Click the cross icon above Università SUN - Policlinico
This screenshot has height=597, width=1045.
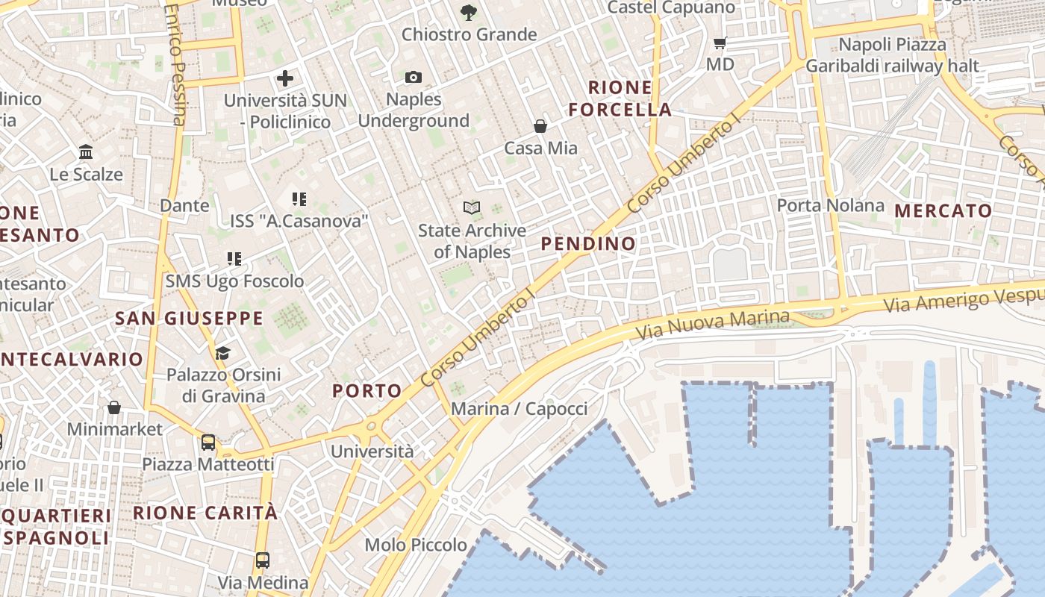coord(284,78)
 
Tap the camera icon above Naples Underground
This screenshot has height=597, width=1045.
coord(414,77)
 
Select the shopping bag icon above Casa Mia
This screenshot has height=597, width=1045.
coord(540,126)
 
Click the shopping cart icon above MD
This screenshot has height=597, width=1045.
coord(720,43)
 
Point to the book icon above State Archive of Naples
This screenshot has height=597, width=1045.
coord(471,207)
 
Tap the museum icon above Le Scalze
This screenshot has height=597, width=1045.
coord(86,152)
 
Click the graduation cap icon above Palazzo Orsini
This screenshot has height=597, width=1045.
coord(222,352)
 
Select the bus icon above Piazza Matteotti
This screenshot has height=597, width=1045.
coord(208,442)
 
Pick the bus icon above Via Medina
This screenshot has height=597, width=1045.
coord(263,560)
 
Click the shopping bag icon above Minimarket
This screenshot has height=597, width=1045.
coord(114,407)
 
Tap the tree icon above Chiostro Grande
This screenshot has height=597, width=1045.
coord(469,12)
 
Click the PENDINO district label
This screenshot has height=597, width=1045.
coord(588,243)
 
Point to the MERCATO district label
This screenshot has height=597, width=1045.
coord(943,210)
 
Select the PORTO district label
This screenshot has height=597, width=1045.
coord(366,390)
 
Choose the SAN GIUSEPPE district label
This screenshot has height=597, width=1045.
coord(189,319)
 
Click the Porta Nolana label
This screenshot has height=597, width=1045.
coord(830,205)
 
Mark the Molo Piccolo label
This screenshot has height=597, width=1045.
coord(416,545)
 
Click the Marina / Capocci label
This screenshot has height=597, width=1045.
coord(520,408)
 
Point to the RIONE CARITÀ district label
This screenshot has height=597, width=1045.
coord(205,513)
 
